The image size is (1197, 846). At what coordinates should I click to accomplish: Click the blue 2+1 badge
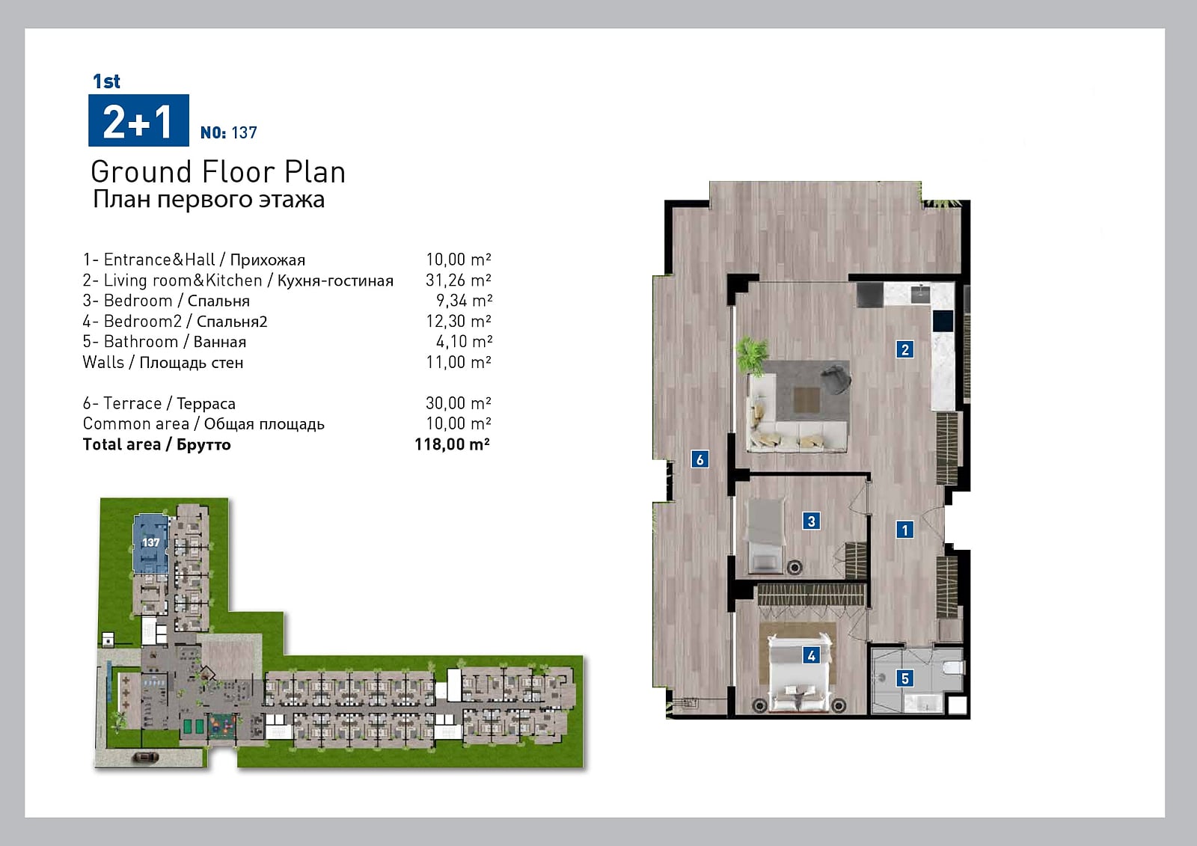138,120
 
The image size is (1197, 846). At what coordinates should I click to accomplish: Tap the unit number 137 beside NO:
244,132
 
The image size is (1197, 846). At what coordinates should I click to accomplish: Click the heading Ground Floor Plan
218,172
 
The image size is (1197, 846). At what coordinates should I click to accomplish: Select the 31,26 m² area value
458,280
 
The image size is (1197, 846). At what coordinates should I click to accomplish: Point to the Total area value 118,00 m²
452,444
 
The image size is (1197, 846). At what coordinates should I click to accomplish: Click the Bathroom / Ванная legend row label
164,342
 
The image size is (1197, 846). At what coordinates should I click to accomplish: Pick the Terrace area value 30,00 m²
458,402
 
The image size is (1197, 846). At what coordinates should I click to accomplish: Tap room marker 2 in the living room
904,349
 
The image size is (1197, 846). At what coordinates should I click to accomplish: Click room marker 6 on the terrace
700,459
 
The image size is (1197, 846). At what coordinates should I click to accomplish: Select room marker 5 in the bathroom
904,678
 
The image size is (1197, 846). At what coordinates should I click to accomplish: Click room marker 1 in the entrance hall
904,530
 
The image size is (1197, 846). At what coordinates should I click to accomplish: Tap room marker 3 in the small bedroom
811,521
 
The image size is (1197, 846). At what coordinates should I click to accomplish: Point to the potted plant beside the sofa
752,355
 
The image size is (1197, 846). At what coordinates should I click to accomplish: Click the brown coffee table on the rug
806,399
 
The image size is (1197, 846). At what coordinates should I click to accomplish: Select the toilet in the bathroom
953,667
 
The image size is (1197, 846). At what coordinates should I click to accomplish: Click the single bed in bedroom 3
766,536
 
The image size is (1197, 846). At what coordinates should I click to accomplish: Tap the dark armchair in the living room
835,378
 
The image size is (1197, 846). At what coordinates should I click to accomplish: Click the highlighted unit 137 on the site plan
150,543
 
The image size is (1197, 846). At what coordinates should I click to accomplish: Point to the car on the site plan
144,757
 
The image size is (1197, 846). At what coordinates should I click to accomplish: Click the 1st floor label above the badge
106,82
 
